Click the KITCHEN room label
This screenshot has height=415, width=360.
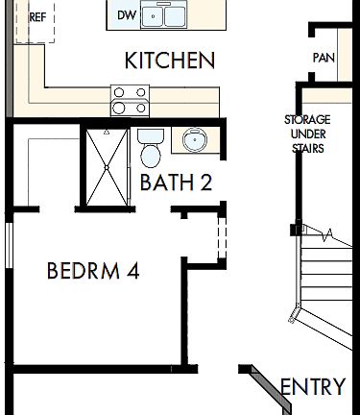(x=169, y=61)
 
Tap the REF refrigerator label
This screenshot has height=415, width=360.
(x=38, y=17)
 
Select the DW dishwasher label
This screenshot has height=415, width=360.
(x=127, y=15)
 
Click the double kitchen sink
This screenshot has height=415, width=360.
(x=164, y=16)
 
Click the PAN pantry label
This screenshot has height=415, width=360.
(x=323, y=58)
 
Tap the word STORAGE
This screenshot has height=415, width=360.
(x=306, y=119)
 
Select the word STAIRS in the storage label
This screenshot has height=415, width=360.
(x=306, y=149)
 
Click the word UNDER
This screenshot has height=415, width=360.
(x=306, y=134)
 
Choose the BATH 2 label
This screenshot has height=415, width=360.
(x=176, y=183)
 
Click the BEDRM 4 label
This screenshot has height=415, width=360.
(x=93, y=271)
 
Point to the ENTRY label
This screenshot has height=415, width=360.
(x=313, y=387)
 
